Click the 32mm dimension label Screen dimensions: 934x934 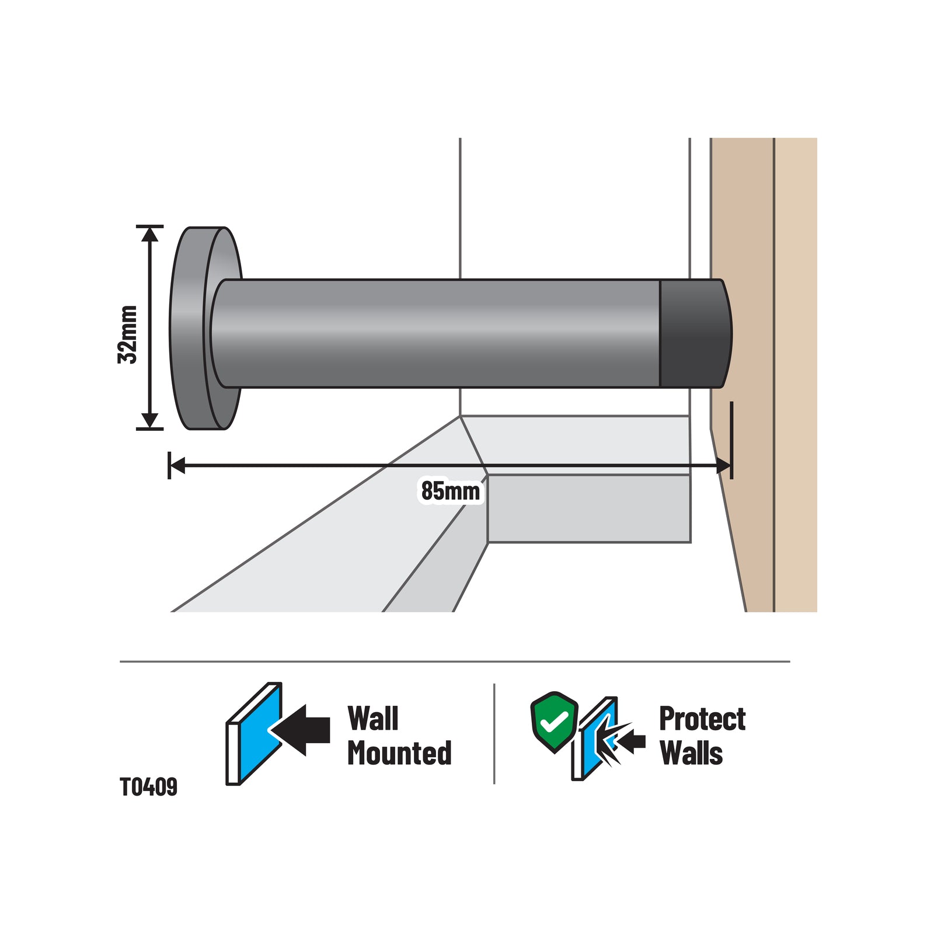tap(127, 334)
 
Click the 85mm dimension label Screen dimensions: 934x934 tap(451, 491)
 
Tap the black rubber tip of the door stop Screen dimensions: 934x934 tap(695, 333)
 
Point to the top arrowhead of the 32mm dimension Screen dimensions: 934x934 tap(150, 233)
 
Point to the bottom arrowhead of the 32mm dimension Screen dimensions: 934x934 tap(150, 420)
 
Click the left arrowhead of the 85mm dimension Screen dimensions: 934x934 tap(177, 466)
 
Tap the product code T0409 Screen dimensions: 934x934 tap(148, 787)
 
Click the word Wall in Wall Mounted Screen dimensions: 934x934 tap(372, 718)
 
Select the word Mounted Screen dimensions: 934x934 tap(399, 753)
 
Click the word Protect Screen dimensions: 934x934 tap(702, 719)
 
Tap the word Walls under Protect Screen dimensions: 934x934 tap(691, 753)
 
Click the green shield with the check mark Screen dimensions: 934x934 tap(554, 722)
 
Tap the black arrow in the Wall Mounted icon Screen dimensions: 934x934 tap(301, 730)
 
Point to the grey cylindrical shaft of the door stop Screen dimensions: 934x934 tap(435, 333)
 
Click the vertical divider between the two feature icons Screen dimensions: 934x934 tap(494, 734)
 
